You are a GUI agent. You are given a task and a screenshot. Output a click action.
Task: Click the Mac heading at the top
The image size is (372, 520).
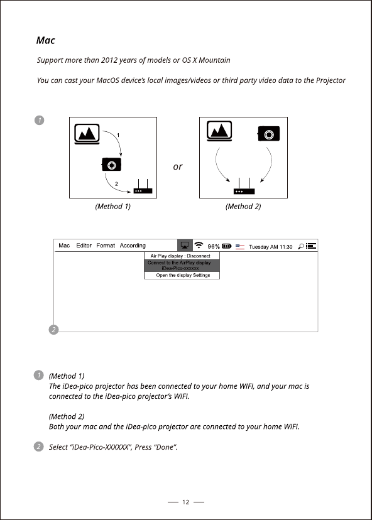[45, 40]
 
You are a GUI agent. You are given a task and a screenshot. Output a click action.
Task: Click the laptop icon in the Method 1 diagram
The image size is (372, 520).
[87, 134]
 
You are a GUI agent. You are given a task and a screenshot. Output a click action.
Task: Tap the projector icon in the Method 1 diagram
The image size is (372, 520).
[111, 165]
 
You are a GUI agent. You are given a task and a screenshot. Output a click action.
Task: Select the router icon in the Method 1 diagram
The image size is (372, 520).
[143, 187]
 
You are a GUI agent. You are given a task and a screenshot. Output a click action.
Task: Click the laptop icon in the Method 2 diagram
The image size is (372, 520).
[219, 131]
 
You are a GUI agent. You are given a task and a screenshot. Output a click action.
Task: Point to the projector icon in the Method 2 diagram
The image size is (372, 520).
[268, 134]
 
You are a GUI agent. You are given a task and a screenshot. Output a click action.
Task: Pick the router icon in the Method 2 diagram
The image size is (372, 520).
[244, 187]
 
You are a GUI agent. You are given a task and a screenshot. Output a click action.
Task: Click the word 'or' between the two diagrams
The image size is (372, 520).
[178, 166]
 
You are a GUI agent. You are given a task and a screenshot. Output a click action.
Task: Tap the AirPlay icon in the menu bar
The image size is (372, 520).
[185, 246]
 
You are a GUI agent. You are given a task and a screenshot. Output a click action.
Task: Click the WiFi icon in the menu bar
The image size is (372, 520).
[199, 245]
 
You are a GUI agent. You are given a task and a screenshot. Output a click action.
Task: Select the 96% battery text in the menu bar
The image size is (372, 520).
[214, 246]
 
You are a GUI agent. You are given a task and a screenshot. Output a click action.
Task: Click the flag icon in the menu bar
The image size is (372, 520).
[240, 246]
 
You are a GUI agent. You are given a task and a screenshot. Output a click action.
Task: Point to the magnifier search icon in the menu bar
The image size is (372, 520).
[300, 246]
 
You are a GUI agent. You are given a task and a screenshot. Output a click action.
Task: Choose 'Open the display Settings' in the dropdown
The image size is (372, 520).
[183, 275]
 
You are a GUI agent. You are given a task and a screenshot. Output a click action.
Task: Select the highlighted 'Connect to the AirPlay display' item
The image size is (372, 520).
[182, 265]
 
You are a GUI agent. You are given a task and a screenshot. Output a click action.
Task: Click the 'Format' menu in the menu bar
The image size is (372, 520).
[106, 246]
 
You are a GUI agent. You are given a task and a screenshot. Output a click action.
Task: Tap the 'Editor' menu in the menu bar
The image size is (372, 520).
[84, 246]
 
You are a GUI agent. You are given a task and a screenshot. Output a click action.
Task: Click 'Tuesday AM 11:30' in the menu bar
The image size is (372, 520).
[271, 247]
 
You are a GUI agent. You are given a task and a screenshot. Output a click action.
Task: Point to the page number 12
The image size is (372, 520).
[186, 502]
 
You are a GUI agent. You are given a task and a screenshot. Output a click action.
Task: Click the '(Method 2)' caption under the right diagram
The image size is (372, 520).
[243, 206]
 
